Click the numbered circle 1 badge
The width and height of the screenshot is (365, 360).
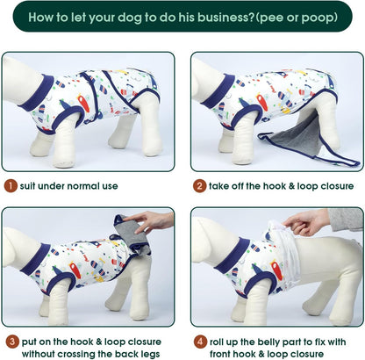pos(9,186)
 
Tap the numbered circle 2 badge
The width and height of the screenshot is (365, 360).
pos(199,186)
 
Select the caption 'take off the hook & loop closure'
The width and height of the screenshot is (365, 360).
pos(277,186)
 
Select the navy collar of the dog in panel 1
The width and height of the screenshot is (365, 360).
pos(38,93)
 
